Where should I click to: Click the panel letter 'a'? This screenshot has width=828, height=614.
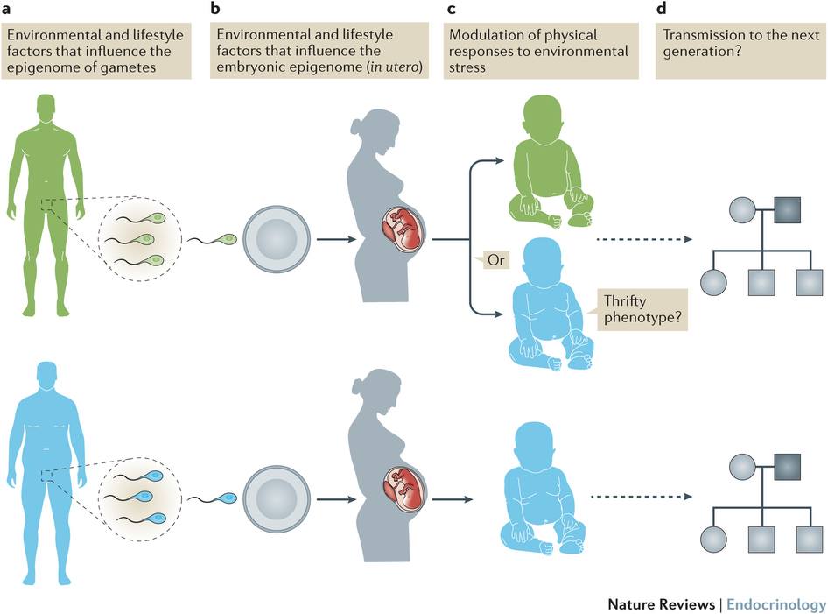(x=6, y=9)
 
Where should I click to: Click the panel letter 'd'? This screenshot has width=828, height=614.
(x=662, y=8)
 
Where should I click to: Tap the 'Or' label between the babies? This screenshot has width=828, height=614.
(x=496, y=260)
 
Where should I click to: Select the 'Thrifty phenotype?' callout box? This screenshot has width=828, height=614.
(x=642, y=310)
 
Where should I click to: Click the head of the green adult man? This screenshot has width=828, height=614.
(x=46, y=108)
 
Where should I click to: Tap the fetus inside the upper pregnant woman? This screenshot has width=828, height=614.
(x=403, y=229)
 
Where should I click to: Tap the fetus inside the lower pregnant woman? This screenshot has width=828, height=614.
(x=404, y=488)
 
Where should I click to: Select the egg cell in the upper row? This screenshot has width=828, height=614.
(x=277, y=239)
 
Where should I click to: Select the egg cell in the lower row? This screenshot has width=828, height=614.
(x=277, y=498)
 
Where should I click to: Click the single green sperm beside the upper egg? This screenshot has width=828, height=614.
(x=213, y=239)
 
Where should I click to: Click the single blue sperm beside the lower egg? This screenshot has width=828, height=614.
(x=213, y=498)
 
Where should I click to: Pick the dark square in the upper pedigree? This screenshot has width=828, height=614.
(x=788, y=209)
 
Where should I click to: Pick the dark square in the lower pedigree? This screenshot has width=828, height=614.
(x=788, y=467)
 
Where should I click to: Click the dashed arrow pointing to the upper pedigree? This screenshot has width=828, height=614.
(x=644, y=239)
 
